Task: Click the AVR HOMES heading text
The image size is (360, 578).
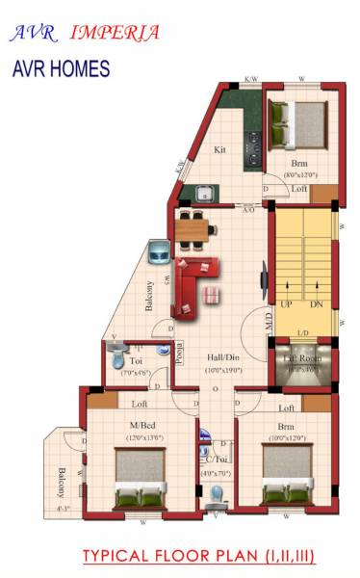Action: coord(62,69)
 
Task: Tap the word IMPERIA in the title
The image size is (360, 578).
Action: coord(116,32)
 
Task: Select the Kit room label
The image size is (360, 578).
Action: coord(220,150)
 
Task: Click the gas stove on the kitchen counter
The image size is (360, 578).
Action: coord(255,148)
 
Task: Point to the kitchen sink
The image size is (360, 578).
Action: coord(204,194)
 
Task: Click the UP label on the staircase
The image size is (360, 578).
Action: coord(286,304)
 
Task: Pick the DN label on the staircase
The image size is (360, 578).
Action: coord(317,304)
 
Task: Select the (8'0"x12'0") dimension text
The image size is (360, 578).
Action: coord(300,175)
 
